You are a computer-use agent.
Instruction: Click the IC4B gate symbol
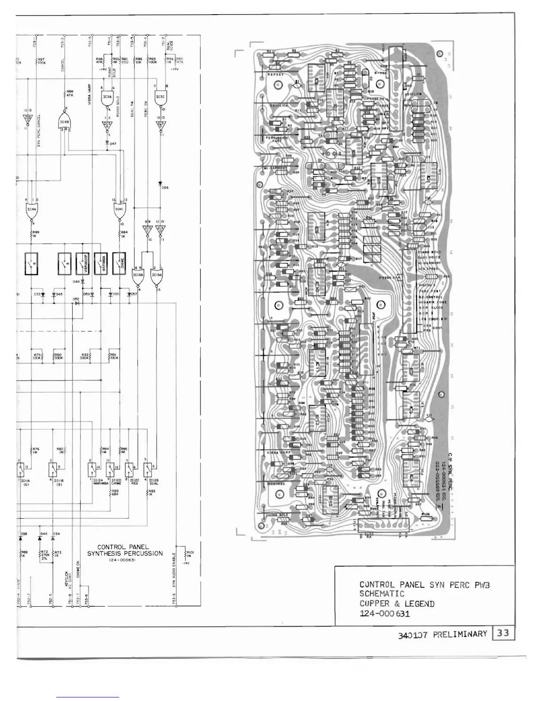(65, 120)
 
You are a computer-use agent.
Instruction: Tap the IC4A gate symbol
(32, 211)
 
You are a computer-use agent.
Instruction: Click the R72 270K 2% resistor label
(44, 555)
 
